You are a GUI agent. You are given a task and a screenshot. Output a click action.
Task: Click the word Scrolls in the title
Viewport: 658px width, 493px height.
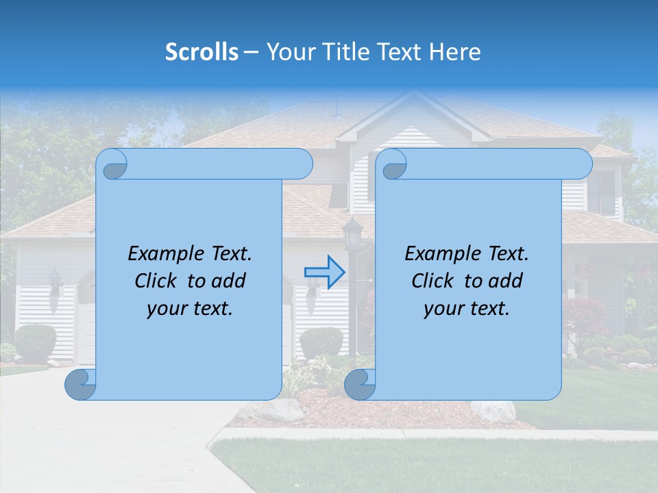click(202, 52)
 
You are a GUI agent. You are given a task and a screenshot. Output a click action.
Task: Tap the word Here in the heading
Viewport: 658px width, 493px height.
click(454, 52)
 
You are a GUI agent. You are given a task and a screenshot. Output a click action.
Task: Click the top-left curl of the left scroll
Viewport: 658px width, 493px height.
click(114, 164)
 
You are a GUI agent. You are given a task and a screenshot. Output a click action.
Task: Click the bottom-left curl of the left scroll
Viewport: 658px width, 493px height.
click(80, 384)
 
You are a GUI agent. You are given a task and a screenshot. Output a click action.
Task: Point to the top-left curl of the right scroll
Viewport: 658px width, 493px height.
click(394, 164)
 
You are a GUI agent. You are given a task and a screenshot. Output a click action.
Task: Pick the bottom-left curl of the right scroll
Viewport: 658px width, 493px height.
click(359, 384)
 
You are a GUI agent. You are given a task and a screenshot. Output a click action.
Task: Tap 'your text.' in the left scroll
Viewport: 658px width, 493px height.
click(190, 309)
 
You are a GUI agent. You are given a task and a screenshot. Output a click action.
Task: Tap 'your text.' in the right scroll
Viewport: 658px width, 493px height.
click(467, 309)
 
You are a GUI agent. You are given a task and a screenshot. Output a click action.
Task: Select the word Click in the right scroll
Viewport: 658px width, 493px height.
click(432, 281)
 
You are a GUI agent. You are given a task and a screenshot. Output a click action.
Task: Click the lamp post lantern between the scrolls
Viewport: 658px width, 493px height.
click(352, 234)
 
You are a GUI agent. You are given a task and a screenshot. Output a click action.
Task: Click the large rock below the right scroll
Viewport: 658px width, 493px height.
click(493, 411)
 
